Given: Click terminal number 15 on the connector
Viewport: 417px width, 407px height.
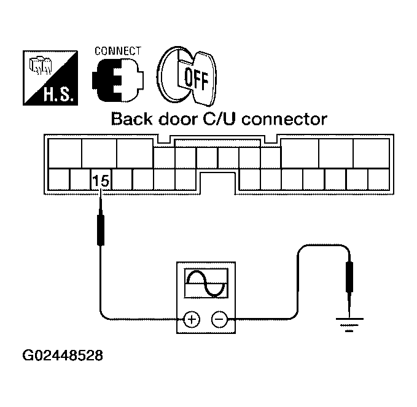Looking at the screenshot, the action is point(100,181).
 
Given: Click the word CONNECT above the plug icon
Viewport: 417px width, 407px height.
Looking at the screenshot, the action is point(117,51).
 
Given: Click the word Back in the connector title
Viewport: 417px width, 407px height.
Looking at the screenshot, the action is point(131,119).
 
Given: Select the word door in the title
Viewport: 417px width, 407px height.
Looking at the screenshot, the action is point(177,119).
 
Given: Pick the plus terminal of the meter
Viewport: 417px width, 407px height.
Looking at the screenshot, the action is point(192,319).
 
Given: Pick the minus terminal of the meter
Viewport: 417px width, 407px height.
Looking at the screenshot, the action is point(219,319).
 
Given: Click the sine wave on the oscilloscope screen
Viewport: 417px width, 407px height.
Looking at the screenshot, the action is point(206,282).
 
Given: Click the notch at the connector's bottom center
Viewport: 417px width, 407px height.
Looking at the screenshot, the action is point(219,182).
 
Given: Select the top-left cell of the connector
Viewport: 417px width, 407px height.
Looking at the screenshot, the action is point(64,152).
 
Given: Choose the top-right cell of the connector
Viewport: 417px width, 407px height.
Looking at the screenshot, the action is point(371,152).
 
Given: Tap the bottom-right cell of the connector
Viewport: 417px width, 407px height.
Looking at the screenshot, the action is point(376,180).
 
